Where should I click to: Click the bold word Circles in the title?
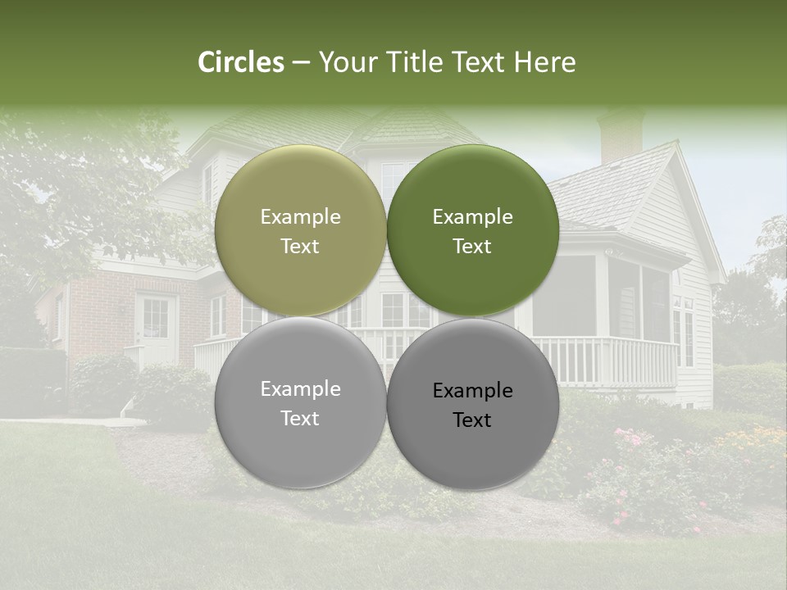tap(241, 62)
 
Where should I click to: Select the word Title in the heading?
tap(419, 62)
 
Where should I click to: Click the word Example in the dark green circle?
tap(472, 217)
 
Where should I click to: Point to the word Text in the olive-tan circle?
tap(300, 247)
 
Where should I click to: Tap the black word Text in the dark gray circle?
tap(472, 420)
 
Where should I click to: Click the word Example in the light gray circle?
tap(300, 389)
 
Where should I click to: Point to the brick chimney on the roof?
tap(621, 135)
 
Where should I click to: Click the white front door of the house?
tap(156, 328)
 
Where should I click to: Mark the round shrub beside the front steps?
tap(172, 393)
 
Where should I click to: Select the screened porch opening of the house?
tap(566, 295)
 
